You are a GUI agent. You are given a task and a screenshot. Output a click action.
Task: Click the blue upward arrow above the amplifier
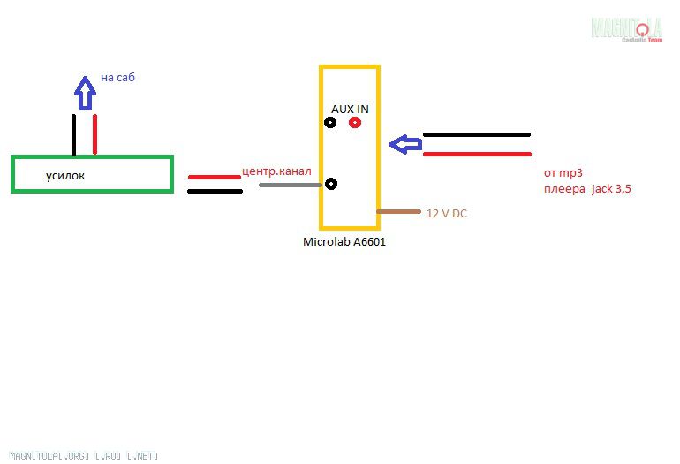click(x=85, y=91)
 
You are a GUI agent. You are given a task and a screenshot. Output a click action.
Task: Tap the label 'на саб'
click(x=117, y=78)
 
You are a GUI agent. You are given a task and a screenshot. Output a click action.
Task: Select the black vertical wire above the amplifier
click(x=75, y=134)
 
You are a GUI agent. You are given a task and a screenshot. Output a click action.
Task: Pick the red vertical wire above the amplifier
click(x=94, y=134)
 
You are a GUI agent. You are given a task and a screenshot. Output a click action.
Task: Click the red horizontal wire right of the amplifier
click(x=214, y=177)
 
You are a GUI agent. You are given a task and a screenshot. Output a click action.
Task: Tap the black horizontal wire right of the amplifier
click(x=214, y=190)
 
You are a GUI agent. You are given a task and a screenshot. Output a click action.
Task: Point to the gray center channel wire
click(x=288, y=185)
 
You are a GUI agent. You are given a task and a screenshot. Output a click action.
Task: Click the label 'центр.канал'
click(x=276, y=171)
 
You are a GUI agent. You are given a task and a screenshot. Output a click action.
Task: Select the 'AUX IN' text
click(x=350, y=109)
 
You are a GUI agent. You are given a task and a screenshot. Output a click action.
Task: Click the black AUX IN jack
click(x=330, y=123)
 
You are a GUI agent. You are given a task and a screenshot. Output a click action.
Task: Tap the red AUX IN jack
click(x=355, y=123)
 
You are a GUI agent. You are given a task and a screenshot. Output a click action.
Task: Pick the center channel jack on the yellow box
click(x=331, y=184)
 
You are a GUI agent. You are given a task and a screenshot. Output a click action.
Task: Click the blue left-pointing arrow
click(x=406, y=144)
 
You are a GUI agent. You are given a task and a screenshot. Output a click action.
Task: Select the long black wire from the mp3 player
click(x=477, y=135)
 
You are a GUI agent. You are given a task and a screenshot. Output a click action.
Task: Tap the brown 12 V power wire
click(x=398, y=212)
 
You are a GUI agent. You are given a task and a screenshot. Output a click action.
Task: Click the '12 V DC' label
click(x=447, y=214)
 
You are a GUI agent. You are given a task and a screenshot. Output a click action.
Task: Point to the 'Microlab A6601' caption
click(x=344, y=241)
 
